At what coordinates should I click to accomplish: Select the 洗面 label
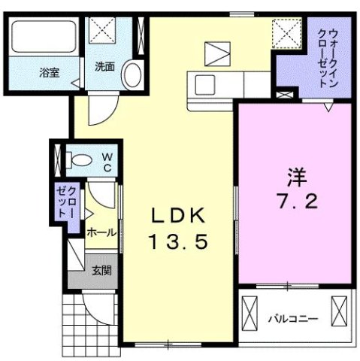105,66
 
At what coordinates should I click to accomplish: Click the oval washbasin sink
132,75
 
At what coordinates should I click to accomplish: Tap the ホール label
101,233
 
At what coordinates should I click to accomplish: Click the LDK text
177,216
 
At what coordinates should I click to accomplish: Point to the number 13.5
178,243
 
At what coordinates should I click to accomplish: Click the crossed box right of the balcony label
340,310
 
